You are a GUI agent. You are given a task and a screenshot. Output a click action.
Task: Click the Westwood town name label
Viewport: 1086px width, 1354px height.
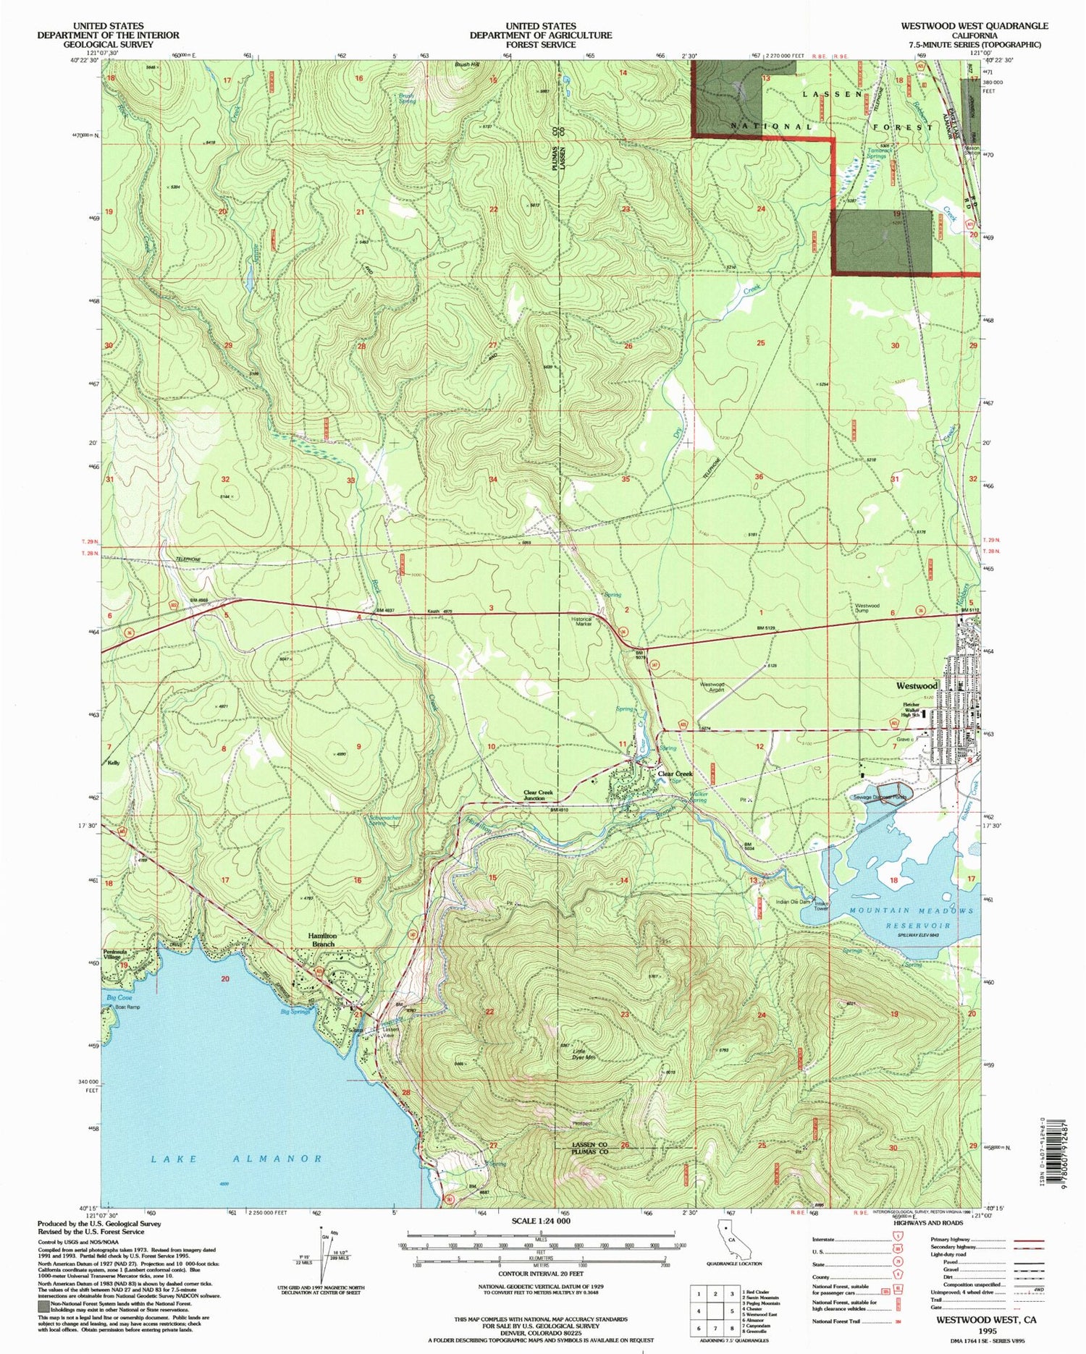(x=917, y=685)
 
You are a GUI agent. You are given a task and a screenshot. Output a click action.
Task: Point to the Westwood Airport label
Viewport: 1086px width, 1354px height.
(x=712, y=687)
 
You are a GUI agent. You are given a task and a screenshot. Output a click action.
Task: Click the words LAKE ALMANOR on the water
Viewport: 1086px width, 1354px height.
(x=237, y=1159)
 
